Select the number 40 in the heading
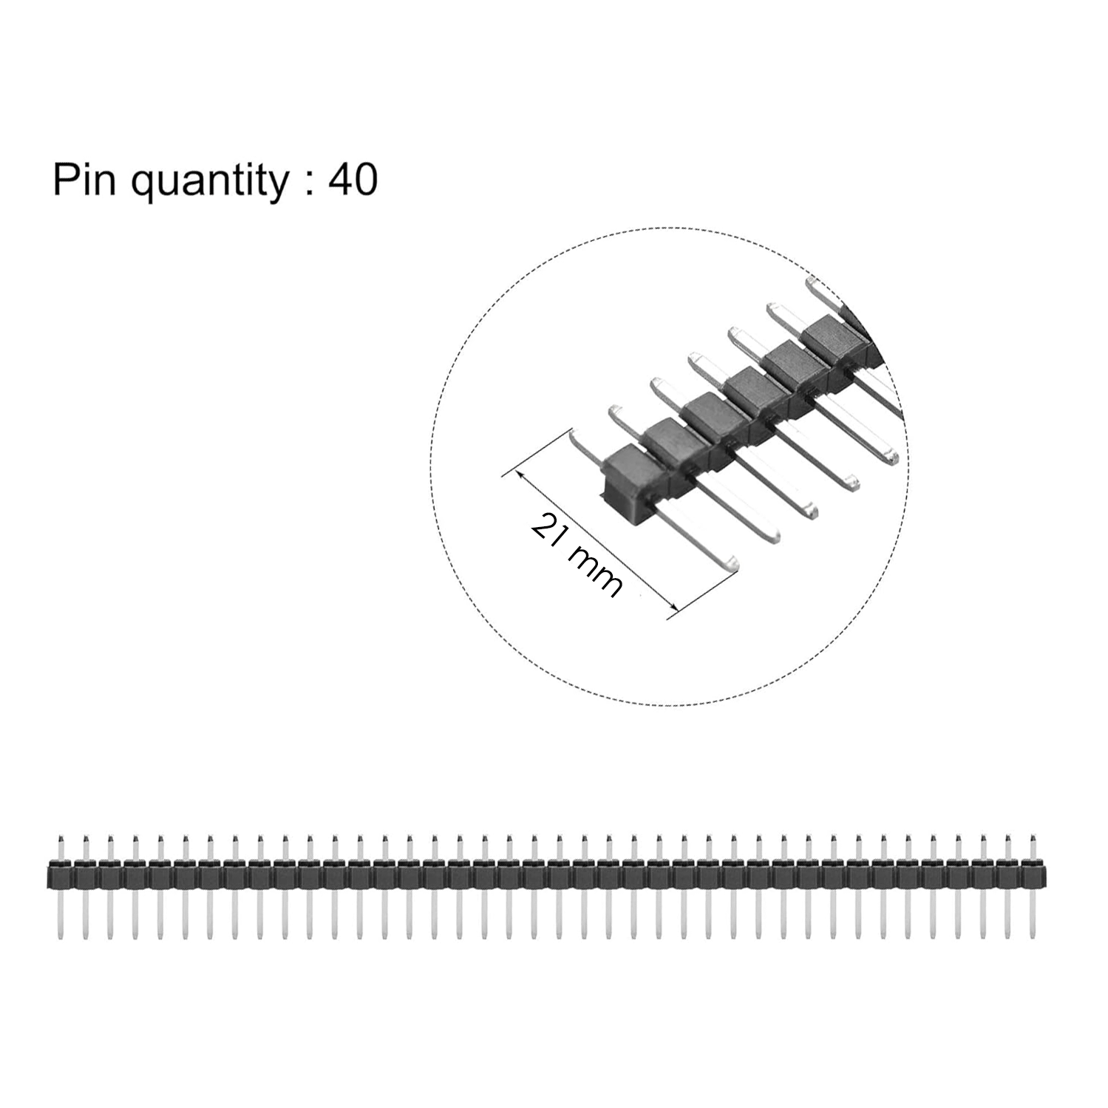click(x=353, y=180)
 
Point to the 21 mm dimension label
click(x=577, y=553)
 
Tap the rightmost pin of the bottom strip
click(x=1033, y=887)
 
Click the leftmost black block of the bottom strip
click(x=61, y=875)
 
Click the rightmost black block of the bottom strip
click(x=1033, y=875)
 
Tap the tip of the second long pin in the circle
click(x=773, y=535)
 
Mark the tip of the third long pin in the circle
click(x=814, y=510)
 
